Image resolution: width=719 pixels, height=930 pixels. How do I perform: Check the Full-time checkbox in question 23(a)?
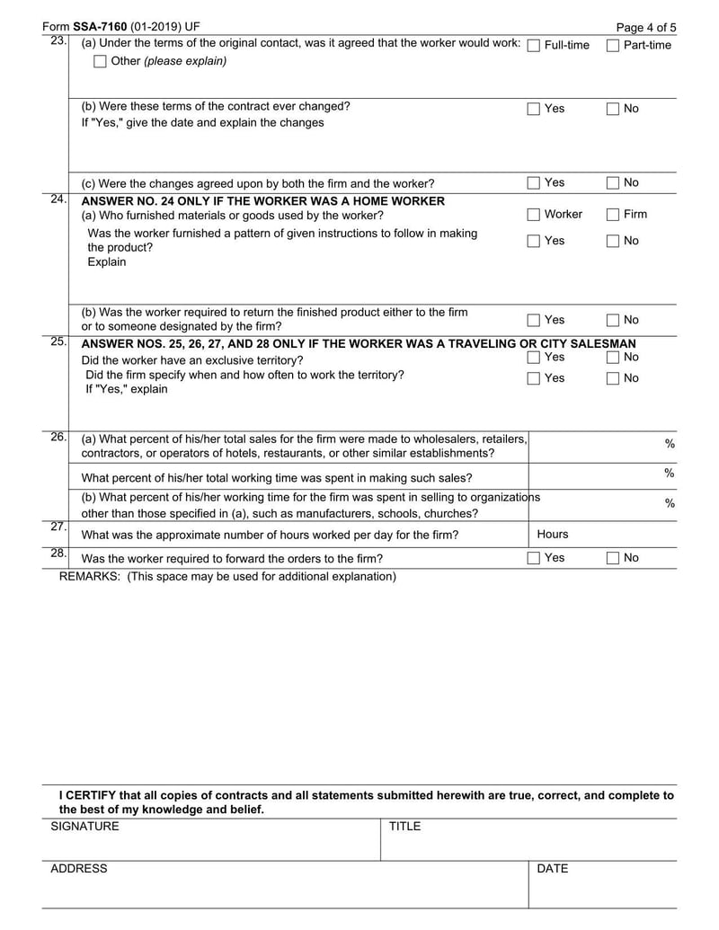click(533, 45)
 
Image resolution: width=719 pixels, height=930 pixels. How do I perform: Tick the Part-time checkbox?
click(613, 45)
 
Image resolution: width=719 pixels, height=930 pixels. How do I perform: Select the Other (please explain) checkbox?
click(100, 61)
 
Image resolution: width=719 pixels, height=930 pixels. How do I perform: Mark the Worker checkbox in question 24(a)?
click(533, 215)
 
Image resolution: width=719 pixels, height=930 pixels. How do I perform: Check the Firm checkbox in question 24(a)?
click(613, 215)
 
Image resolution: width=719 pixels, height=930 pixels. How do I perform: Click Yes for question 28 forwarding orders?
click(533, 558)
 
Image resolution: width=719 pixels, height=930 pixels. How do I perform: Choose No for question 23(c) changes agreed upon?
click(613, 183)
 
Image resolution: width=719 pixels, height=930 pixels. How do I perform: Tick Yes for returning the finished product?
click(533, 320)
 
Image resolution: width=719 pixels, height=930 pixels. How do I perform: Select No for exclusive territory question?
click(613, 358)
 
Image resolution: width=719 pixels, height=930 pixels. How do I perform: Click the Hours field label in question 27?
click(553, 535)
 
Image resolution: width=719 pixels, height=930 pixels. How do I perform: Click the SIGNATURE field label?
click(84, 827)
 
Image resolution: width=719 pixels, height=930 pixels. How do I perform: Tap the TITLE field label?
click(404, 827)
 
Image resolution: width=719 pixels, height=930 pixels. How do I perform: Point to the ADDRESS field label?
click(78, 869)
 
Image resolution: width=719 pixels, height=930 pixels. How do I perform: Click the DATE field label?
click(553, 869)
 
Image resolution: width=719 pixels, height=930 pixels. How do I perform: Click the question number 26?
click(58, 438)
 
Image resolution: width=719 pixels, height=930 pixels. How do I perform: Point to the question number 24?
click(58, 199)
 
